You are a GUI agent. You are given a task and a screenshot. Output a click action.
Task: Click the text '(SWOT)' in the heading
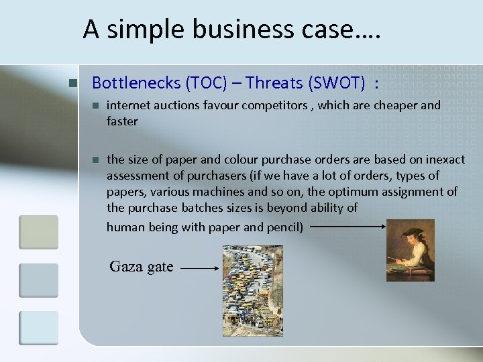coord(337,83)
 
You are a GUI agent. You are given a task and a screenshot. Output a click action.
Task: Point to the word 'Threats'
coord(274,83)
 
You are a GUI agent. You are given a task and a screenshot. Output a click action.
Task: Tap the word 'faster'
coord(122,121)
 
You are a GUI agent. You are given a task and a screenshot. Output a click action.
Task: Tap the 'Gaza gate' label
coord(142,267)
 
